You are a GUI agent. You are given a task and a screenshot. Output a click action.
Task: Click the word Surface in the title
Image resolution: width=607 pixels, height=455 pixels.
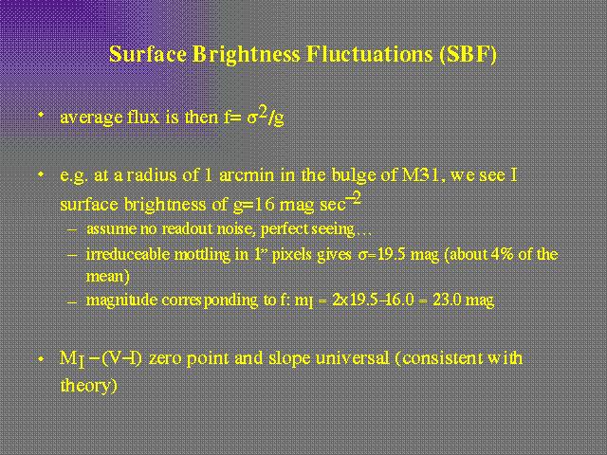[x=148, y=54]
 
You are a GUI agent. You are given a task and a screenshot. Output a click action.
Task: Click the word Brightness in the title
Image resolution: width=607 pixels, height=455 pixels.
[x=247, y=55]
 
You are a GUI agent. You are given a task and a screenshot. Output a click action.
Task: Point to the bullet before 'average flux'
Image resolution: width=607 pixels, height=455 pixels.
[x=41, y=115]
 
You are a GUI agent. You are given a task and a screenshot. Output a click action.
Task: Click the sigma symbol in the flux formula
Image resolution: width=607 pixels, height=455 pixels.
[x=252, y=118]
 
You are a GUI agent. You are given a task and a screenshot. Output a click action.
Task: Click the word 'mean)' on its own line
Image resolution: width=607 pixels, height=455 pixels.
[x=107, y=277]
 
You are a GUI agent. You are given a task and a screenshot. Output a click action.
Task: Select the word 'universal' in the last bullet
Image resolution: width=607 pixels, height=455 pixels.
[x=352, y=358]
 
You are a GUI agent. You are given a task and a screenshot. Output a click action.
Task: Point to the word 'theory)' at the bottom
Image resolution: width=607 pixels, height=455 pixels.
[x=88, y=386]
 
